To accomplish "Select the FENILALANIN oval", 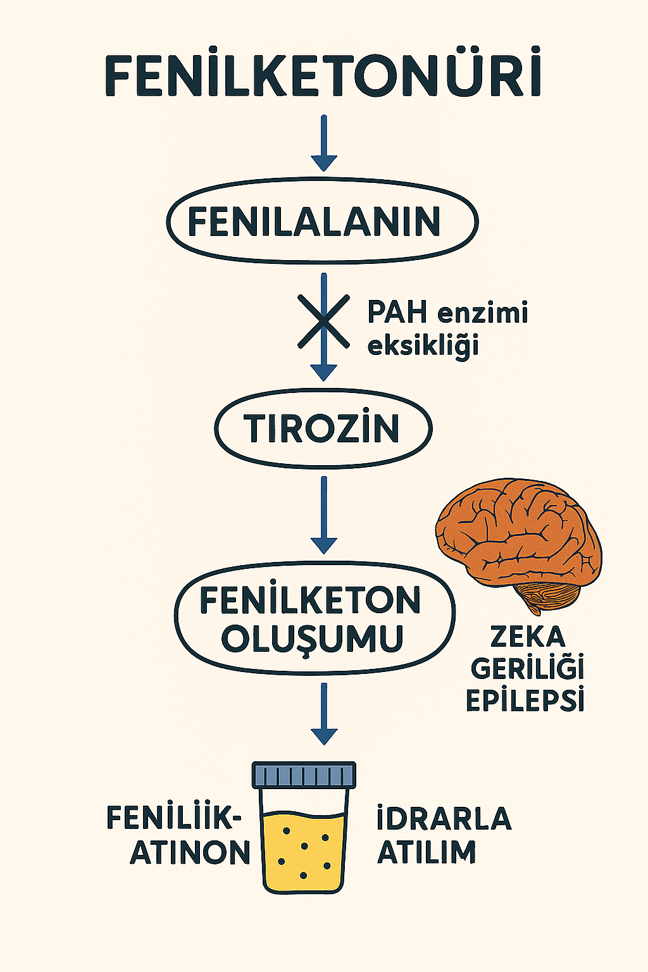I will tap(323, 221).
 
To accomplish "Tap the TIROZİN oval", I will tap(323, 428).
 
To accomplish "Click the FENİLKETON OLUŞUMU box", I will tap(315, 618).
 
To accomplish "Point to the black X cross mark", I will tap(323, 321).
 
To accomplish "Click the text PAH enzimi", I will tap(447, 313).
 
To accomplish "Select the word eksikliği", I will tap(423, 347).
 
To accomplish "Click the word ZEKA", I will tap(528, 637).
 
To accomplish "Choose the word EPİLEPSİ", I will tap(525, 701).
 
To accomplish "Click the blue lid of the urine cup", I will tap(304, 774).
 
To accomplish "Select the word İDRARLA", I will tap(444, 819).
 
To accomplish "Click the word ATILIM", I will tap(427, 852).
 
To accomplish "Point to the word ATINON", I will tap(190, 852).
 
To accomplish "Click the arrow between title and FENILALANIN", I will tap(324, 143).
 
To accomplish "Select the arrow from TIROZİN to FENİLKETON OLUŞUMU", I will tap(324, 515).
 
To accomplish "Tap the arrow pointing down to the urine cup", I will tap(324, 713).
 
